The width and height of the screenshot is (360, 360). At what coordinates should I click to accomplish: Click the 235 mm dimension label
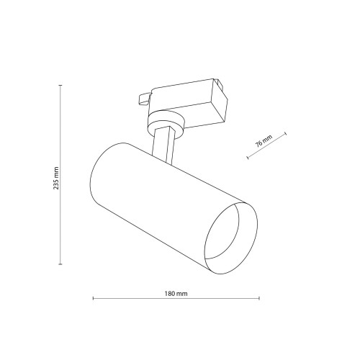[56, 178]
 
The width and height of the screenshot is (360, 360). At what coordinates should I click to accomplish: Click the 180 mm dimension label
[176, 293]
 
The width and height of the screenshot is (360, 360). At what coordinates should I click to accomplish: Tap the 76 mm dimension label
[264, 140]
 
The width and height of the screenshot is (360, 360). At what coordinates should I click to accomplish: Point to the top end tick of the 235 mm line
[60, 85]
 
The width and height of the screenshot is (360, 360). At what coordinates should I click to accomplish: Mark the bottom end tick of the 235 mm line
[60, 264]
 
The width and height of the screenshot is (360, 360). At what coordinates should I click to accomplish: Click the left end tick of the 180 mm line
[93, 298]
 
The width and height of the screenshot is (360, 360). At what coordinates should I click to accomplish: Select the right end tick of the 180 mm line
[259, 298]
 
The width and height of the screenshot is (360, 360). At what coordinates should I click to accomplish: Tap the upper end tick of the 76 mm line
[286, 134]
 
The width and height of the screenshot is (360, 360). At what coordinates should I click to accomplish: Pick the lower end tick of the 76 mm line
[248, 158]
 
